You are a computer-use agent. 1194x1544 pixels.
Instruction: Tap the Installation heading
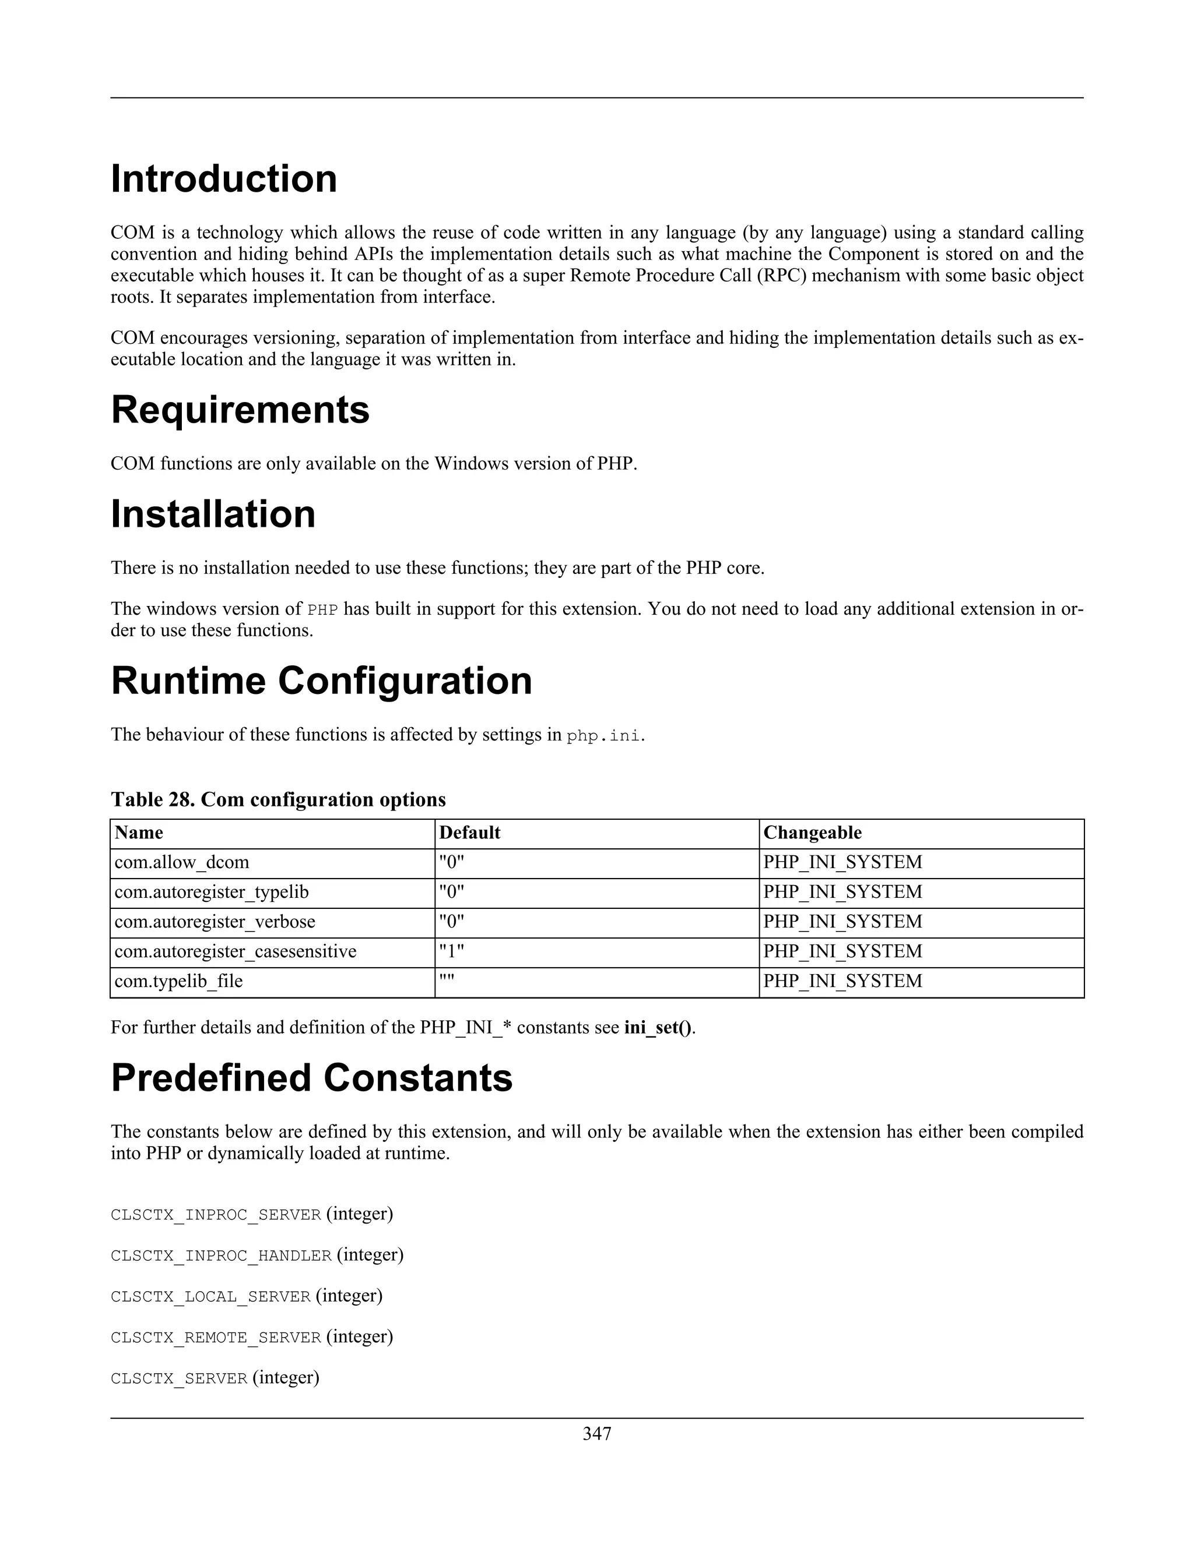click(x=213, y=514)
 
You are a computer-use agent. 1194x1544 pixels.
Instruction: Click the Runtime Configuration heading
click(x=321, y=681)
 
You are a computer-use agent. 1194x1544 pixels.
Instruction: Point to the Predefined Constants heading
click(x=311, y=1078)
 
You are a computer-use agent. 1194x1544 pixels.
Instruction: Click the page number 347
click(x=596, y=1434)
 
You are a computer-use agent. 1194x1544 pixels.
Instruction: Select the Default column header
click(x=470, y=833)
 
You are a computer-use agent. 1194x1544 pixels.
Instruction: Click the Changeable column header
click(x=812, y=833)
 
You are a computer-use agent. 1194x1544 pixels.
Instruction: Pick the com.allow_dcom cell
click(x=182, y=862)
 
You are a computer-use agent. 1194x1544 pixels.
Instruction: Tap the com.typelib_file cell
click(x=178, y=981)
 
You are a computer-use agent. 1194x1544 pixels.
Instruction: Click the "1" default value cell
click(x=451, y=951)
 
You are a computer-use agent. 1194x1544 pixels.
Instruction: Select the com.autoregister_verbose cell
click(x=215, y=922)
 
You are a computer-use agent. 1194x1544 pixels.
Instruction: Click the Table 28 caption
click(x=278, y=799)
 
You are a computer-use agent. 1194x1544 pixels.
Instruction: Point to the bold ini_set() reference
click(x=658, y=1027)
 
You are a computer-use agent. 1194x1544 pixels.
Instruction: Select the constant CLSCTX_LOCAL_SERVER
click(x=211, y=1296)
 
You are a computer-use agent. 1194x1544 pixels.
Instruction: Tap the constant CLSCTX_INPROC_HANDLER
click(x=221, y=1256)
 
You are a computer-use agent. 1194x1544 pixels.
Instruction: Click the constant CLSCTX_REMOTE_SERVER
click(x=216, y=1338)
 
